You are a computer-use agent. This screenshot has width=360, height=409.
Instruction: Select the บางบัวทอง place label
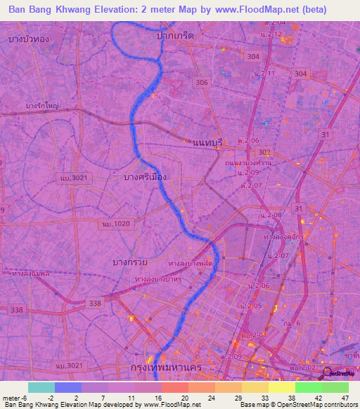[x=29, y=39]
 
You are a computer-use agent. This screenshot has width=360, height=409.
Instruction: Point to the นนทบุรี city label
[x=207, y=142]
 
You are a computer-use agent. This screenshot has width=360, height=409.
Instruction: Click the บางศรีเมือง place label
[x=144, y=177]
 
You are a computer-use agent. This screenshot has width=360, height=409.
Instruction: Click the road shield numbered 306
[x=202, y=83]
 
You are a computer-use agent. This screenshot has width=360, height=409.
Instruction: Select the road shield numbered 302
[x=264, y=152]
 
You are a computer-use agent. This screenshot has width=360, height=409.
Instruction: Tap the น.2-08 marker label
[x=270, y=214]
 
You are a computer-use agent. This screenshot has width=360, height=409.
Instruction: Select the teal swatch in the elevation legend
[x=41, y=387]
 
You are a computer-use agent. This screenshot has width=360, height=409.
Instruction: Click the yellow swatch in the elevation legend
[x=282, y=387]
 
